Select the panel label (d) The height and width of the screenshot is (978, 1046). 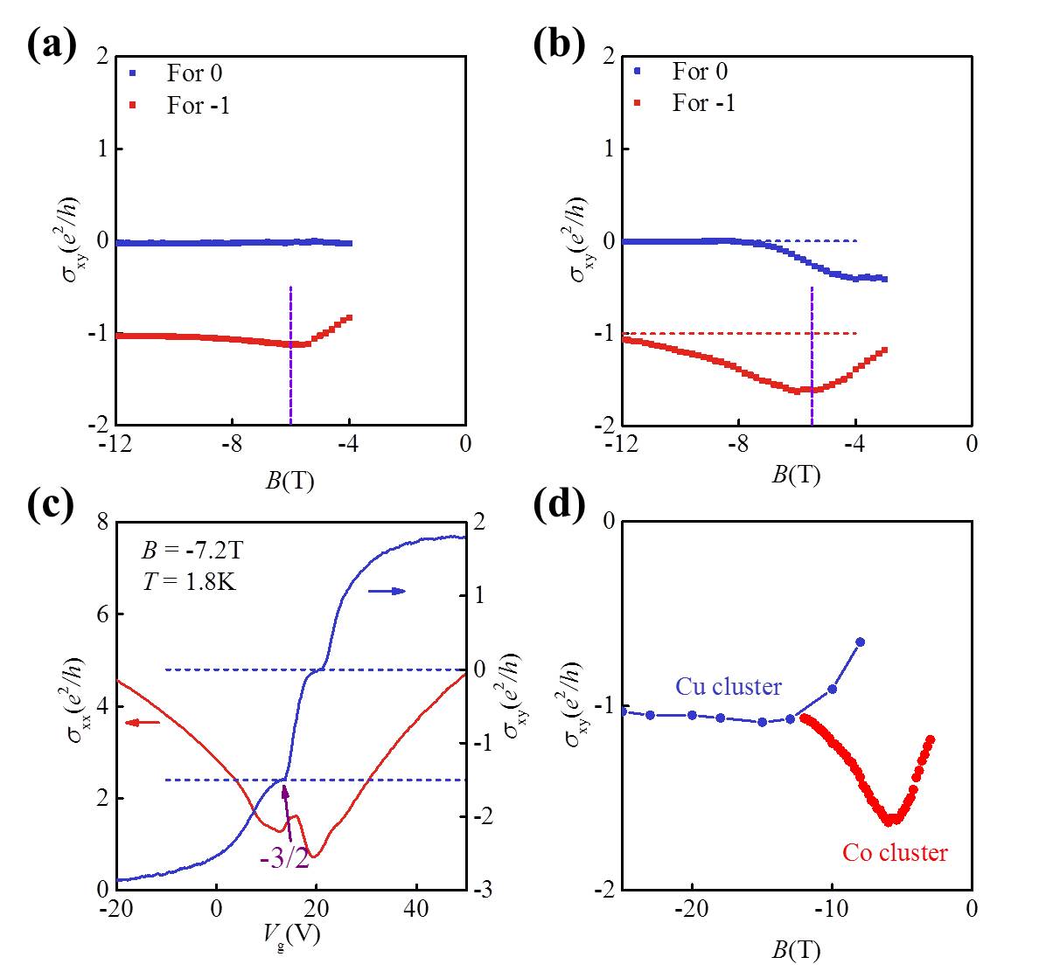559,507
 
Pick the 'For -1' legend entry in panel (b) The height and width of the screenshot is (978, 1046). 703,103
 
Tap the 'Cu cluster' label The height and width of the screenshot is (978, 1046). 728,687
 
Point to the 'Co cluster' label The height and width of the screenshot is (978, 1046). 895,852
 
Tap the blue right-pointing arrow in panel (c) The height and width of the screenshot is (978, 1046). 387,592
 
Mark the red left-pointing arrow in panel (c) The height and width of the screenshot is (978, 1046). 142,722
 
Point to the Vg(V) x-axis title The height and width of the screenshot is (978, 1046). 292,935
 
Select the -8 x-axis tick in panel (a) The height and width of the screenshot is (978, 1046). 231,444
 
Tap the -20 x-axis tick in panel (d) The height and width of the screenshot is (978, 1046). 691,909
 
